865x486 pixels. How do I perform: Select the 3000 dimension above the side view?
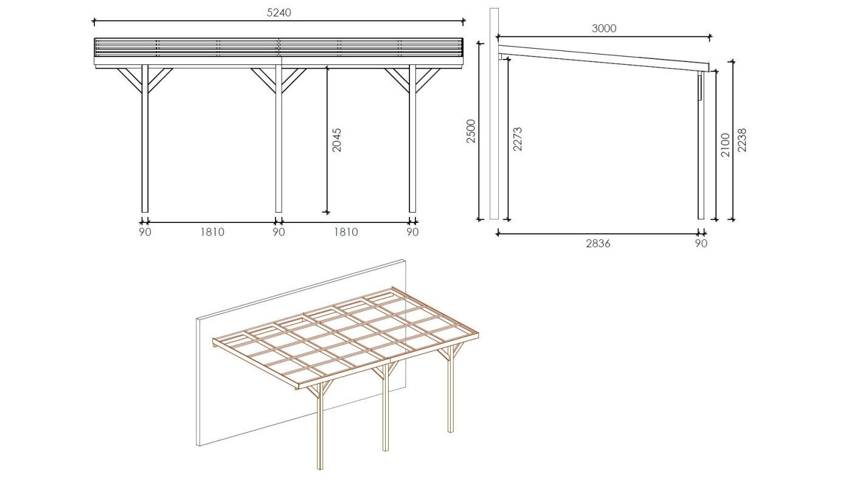pos(604,29)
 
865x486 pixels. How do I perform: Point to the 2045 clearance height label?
pos(337,140)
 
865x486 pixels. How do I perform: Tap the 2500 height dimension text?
pos(471,131)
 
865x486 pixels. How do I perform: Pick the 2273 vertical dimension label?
pos(518,139)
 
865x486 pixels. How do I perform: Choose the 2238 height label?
pos(742,140)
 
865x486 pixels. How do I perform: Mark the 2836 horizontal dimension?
pos(598,244)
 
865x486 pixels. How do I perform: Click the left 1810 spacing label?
pos(211,232)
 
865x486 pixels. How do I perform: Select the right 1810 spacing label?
pos(345,232)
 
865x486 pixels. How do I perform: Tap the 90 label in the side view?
pos(701,244)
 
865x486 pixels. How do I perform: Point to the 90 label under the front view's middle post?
pos(278,232)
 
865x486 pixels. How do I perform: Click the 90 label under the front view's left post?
pos(145,232)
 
